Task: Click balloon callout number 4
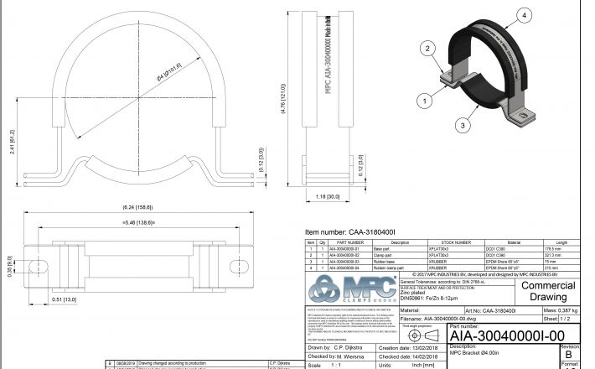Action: pyautogui.click(x=523, y=16)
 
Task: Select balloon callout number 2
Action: pyautogui.click(x=427, y=49)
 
